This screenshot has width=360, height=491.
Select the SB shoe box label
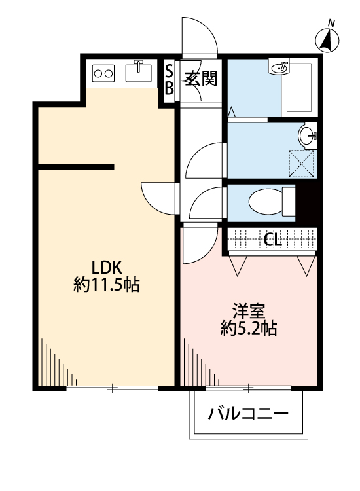point(169,79)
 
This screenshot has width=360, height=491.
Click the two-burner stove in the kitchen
point(103,73)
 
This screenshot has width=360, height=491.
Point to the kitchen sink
point(138,72)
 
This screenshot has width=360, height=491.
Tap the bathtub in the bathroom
point(300,88)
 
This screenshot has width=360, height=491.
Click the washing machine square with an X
point(302,163)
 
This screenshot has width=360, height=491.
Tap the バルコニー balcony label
point(248,414)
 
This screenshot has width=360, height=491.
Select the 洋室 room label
point(247,310)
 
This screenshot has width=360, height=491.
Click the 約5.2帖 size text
point(247,328)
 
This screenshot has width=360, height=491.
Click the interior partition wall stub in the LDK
point(75,165)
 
